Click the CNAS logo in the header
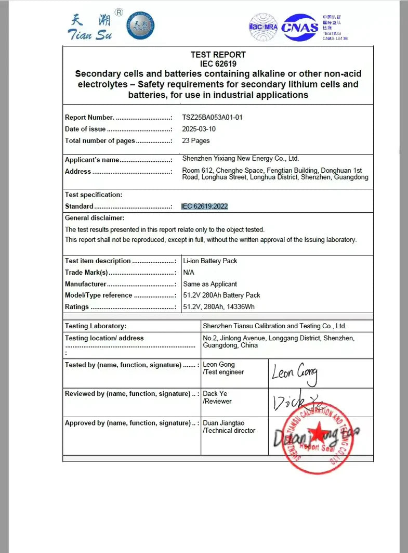tap(300, 27)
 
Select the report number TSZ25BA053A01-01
tap(212, 118)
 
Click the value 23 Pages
tap(196, 140)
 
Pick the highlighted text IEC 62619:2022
tap(204, 207)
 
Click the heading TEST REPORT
tap(218, 55)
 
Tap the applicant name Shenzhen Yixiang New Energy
tap(241, 159)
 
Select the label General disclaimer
tap(95, 218)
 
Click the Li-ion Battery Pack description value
tap(210, 261)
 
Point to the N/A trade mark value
tap(189, 272)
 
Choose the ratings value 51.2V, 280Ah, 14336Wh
tap(219, 307)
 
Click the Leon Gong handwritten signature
tap(295, 374)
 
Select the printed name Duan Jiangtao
tap(223, 423)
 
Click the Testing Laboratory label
tap(96, 326)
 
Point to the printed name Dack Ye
tap(215, 394)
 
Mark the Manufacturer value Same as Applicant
tap(210, 284)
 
